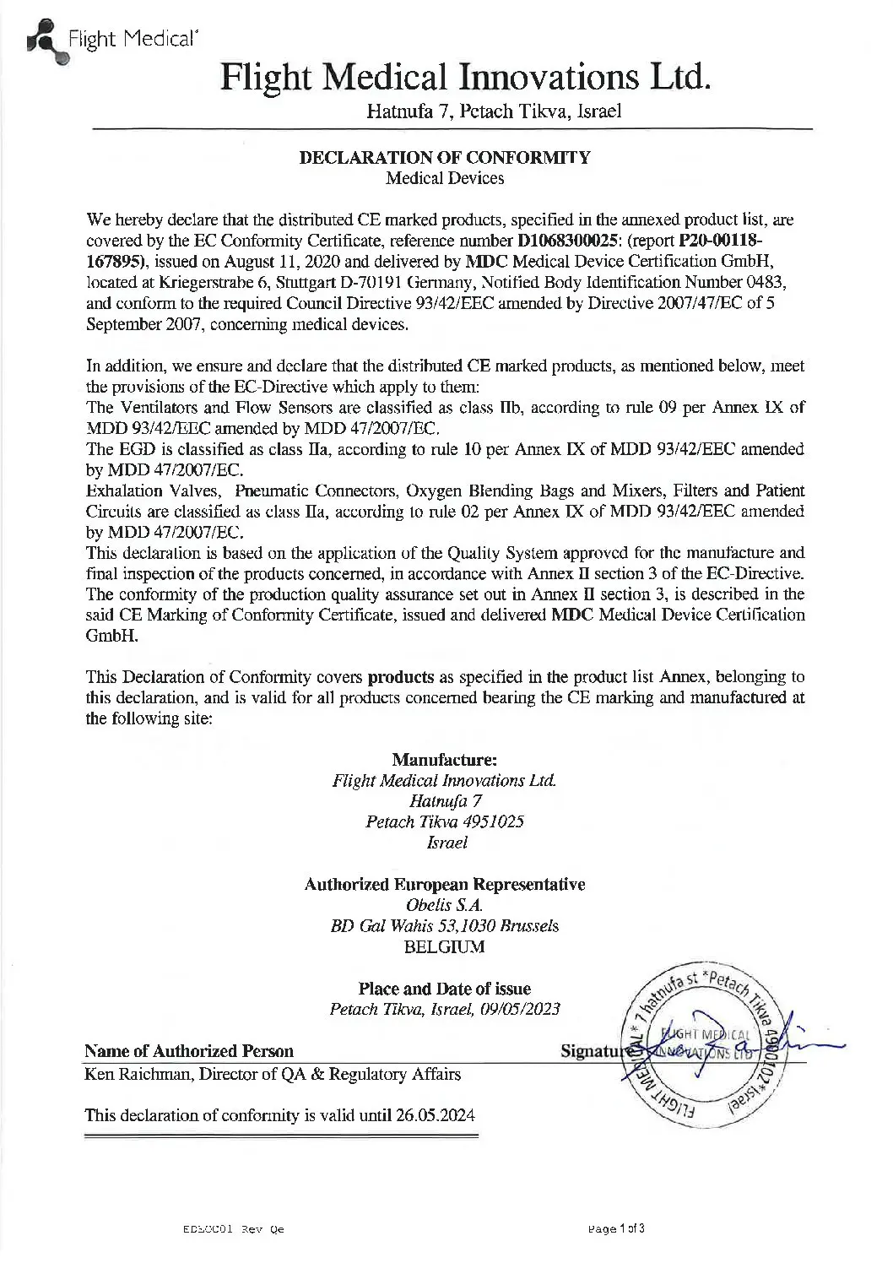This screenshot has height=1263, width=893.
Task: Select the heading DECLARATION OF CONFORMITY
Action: pyautogui.click(x=445, y=158)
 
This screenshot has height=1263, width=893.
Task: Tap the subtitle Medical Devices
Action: pyautogui.click(x=445, y=178)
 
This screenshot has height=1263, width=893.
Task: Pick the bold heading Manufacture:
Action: pyautogui.click(x=445, y=760)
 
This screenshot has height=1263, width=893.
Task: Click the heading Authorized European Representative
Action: pyautogui.click(x=445, y=884)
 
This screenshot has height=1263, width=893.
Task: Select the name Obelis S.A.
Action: pyautogui.click(x=445, y=905)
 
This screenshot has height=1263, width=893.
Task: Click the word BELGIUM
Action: pyautogui.click(x=445, y=946)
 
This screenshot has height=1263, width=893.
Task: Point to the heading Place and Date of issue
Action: pyautogui.click(x=445, y=989)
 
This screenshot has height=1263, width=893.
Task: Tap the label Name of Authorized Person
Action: pyautogui.click(x=190, y=1051)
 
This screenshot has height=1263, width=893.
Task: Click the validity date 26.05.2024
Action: pyautogui.click(x=435, y=1115)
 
